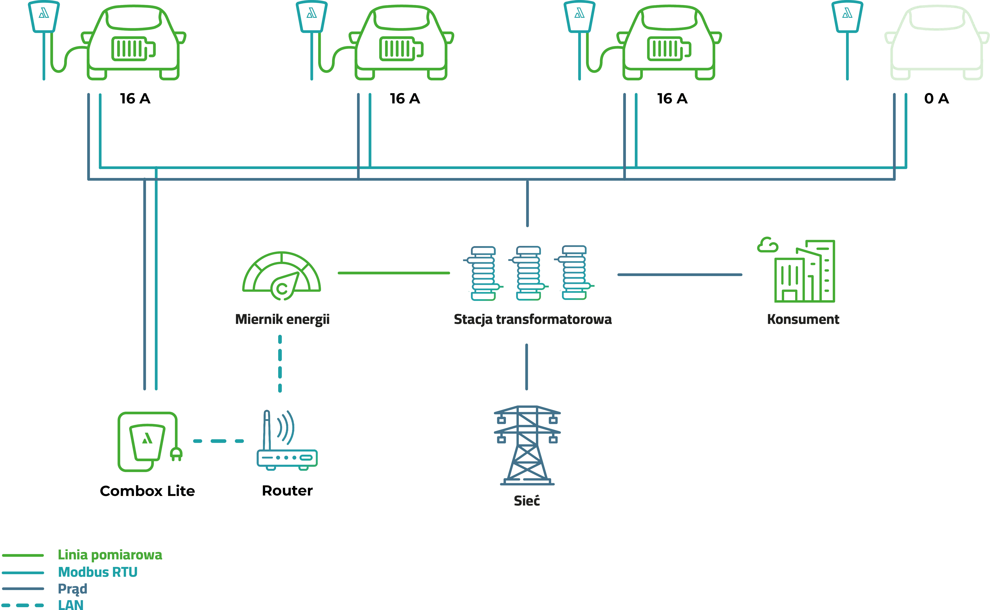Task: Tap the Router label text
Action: click(x=287, y=491)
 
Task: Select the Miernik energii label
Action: click(x=282, y=320)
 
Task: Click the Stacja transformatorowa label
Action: click(x=533, y=320)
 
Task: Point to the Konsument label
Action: click(x=803, y=320)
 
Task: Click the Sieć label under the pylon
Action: click(x=527, y=501)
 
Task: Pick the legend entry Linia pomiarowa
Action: click(x=110, y=555)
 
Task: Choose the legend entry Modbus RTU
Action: click(x=98, y=572)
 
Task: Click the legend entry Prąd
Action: click(x=73, y=589)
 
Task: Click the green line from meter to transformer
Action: click(x=393, y=273)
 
